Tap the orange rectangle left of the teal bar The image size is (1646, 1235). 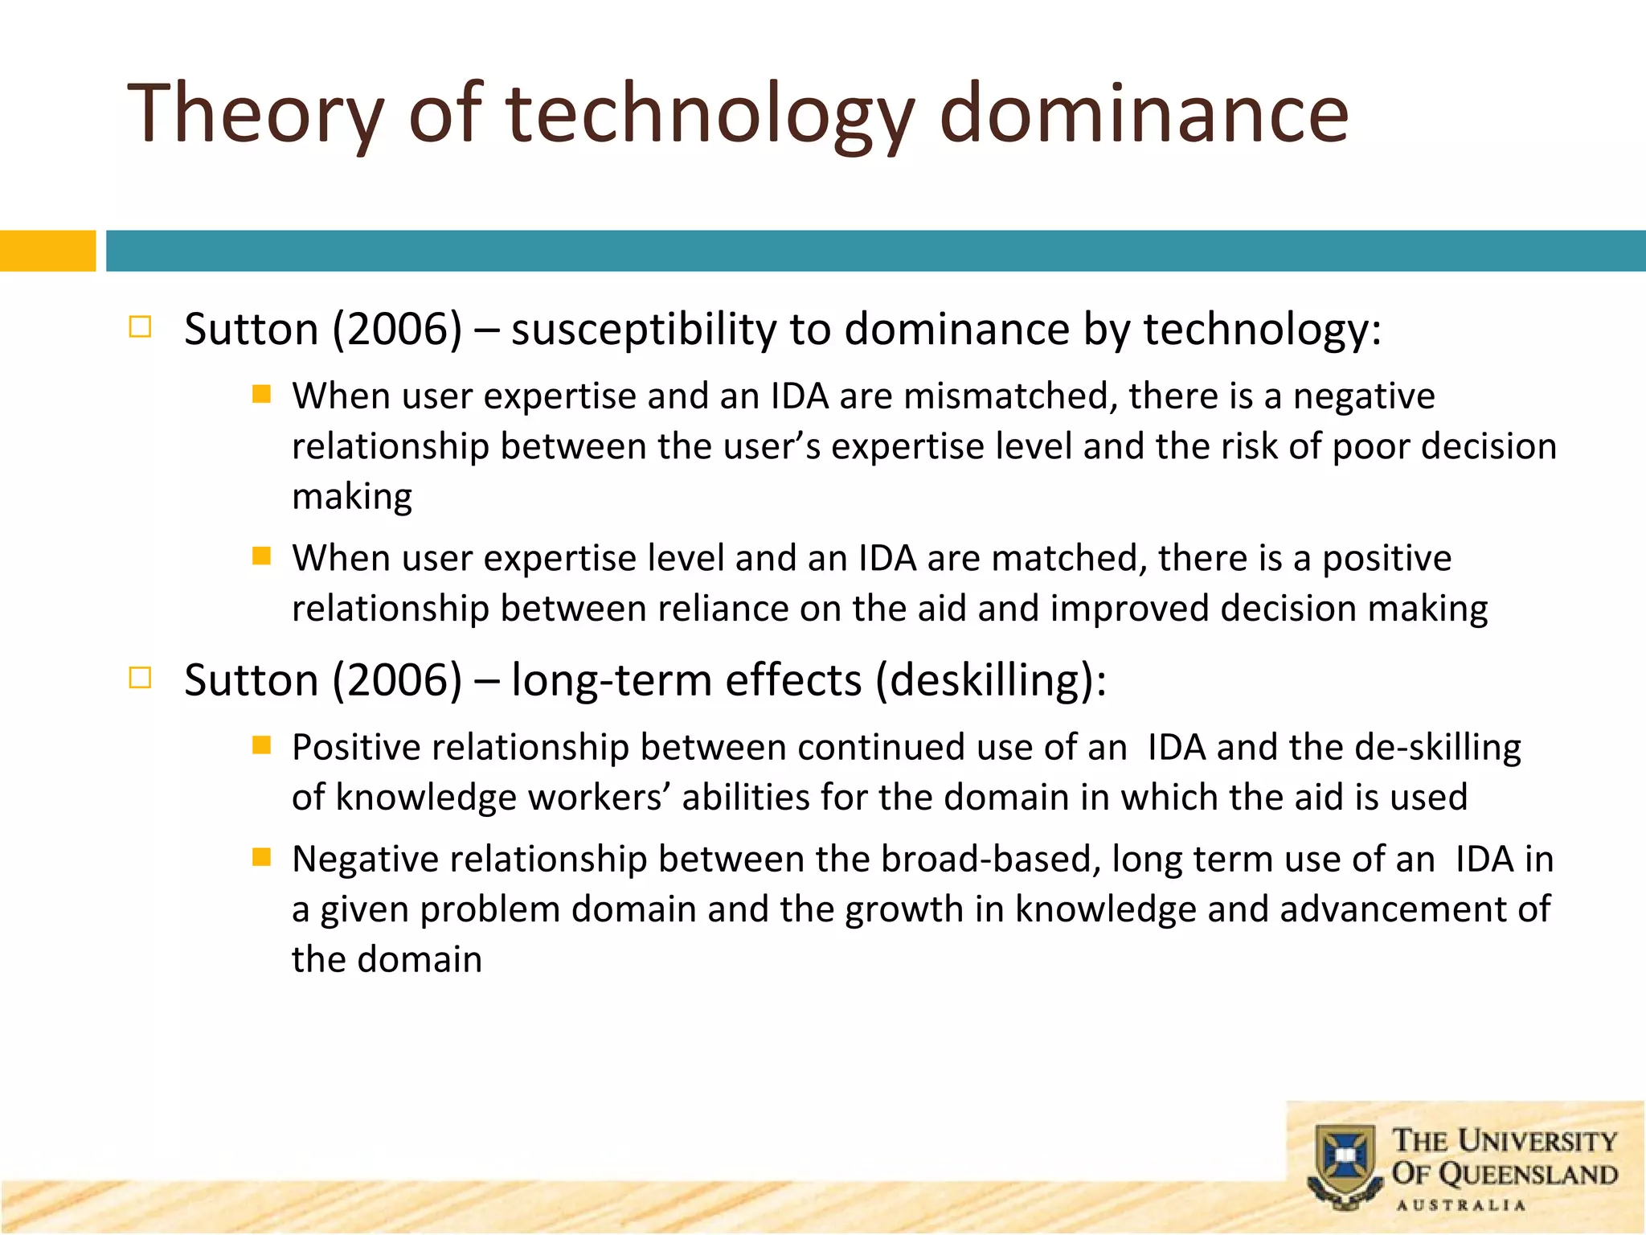(x=47, y=251)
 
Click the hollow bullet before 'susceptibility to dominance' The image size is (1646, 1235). (x=140, y=326)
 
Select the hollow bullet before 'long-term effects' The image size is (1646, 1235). (x=140, y=678)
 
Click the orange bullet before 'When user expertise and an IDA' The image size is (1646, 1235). (x=261, y=394)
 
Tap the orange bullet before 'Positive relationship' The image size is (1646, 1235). (x=261, y=745)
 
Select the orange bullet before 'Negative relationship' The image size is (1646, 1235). (x=261, y=857)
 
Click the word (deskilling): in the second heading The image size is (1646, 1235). (x=990, y=681)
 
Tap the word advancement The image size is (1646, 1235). (x=1393, y=909)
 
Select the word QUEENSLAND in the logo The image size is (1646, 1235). (x=1527, y=1175)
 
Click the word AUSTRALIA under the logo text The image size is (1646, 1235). (x=1460, y=1205)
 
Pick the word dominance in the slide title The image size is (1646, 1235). (x=1144, y=114)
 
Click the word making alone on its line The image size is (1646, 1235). (x=352, y=497)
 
